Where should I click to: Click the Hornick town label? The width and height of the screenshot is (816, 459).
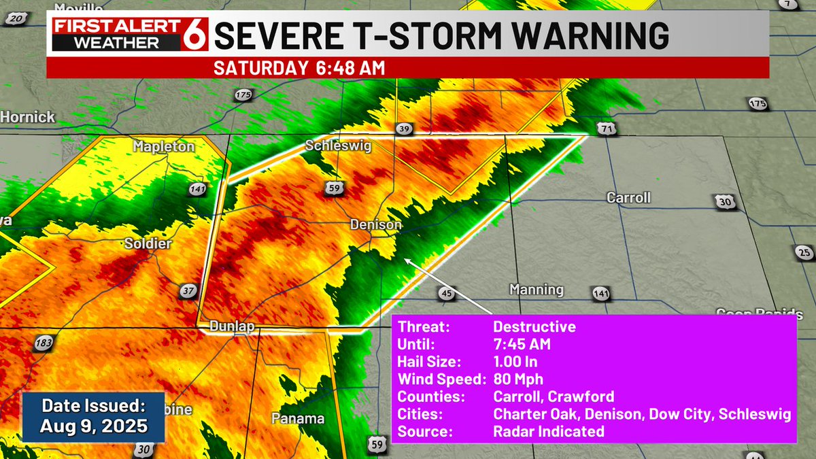point(28,117)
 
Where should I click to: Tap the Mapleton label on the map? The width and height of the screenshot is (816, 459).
point(164,146)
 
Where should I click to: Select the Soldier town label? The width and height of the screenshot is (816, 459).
point(148,243)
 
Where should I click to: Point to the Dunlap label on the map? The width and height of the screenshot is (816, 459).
point(232,326)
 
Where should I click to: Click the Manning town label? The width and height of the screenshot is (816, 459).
point(537,290)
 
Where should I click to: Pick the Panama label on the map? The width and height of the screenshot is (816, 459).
point(298,418)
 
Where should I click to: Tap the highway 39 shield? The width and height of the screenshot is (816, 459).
point(404,129)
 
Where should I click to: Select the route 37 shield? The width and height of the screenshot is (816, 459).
point(188,291)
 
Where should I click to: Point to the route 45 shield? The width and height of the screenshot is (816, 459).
point(446,293)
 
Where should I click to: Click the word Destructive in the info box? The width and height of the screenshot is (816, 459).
point(534,326)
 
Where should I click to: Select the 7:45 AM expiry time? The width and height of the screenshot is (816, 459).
point(522,344)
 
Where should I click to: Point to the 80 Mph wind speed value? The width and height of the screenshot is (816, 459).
point(518,379)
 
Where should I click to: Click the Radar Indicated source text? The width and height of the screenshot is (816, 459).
point(548,431)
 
